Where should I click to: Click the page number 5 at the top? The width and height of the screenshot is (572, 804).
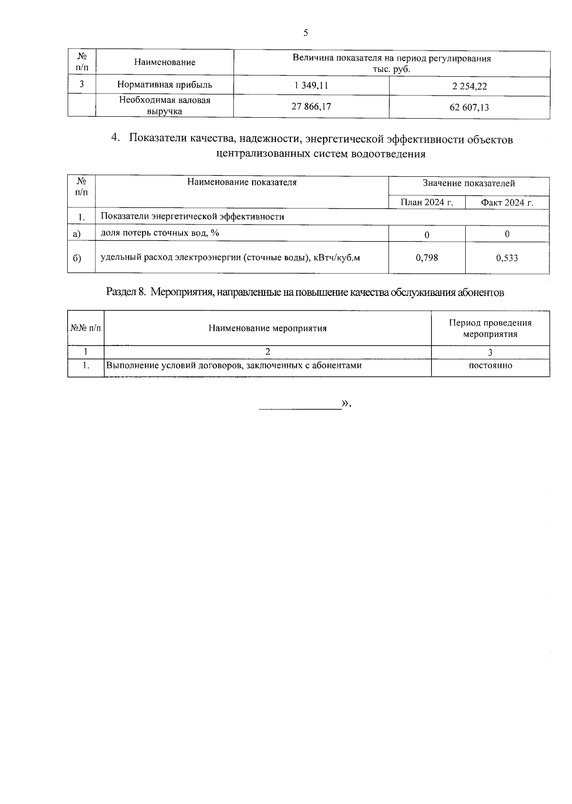coord(306,33)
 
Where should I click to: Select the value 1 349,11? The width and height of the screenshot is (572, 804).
coord(311,86)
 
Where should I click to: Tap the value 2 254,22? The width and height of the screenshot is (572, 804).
coord(469,86)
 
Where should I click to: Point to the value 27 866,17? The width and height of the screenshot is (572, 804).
coord(311,106)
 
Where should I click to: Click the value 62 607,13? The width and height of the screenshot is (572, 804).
coord(469,107)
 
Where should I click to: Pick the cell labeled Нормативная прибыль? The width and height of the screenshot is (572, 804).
coord(164,85)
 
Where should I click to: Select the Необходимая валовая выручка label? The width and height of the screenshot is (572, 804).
coord(164,106)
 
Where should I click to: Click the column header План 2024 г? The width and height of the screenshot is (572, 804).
coord(427,202)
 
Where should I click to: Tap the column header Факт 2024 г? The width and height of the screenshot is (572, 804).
coord(507,203)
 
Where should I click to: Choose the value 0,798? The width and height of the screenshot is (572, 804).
coord(427,257)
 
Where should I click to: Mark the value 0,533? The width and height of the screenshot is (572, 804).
coord(507,258)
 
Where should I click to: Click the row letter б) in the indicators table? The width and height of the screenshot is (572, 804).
coord(77,258)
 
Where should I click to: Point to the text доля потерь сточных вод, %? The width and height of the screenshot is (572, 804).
coord(160,233)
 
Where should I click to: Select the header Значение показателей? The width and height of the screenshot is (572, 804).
coord(469,183)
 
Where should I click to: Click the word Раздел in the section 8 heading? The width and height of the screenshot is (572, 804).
coord(122,292)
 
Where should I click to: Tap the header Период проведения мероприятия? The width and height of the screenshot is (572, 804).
coord(490,328)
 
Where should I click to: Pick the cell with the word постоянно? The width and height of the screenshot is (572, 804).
coord(490,366)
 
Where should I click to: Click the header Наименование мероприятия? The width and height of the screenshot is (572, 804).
coord(267,328)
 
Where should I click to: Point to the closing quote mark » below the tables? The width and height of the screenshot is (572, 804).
coord(345,404)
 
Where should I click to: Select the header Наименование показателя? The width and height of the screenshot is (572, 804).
coord(242,182)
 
